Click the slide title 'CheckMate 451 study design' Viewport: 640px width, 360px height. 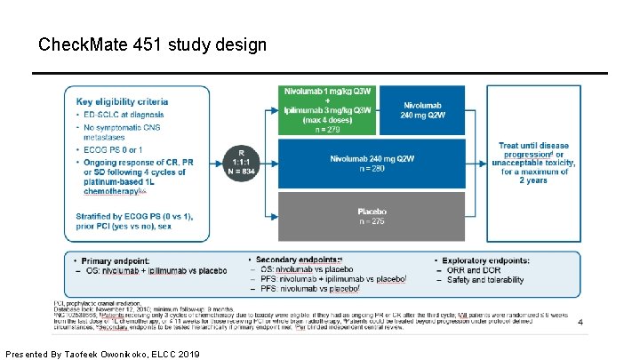(152, 44)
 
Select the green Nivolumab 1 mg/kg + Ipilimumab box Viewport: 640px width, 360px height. (328, 111)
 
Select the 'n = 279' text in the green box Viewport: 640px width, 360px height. (328, 129)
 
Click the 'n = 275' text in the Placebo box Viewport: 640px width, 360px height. (372, 221)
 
